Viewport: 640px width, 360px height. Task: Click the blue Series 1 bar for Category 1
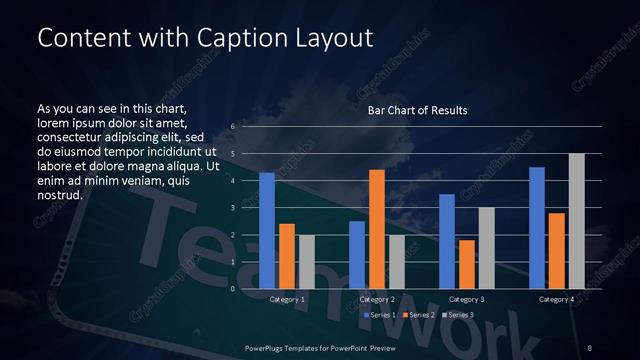[x=267, y=231]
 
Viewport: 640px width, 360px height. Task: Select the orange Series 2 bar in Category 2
[x=377, y=229]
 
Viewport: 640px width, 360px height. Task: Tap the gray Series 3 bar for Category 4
[x=577, y=221]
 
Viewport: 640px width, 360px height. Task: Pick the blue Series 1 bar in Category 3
[x=447, y=241]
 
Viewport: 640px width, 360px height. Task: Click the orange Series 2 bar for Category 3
[x=467, y=264]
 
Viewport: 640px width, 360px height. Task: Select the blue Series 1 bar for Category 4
[x=537, y=228]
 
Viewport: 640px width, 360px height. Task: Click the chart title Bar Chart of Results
[x=418, y=109]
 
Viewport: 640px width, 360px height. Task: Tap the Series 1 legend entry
[x=381, y=315]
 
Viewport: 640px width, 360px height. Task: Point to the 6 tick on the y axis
[x=232, y=127]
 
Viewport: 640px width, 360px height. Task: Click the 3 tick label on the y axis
[x=232, y=208]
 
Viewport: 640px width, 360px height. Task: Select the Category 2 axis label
[x=377, y=299]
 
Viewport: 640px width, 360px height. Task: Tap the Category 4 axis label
[x=557, y=299]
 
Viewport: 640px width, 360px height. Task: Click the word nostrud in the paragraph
[x=59, y=195]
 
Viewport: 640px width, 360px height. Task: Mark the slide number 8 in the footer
[x=591, y=347]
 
